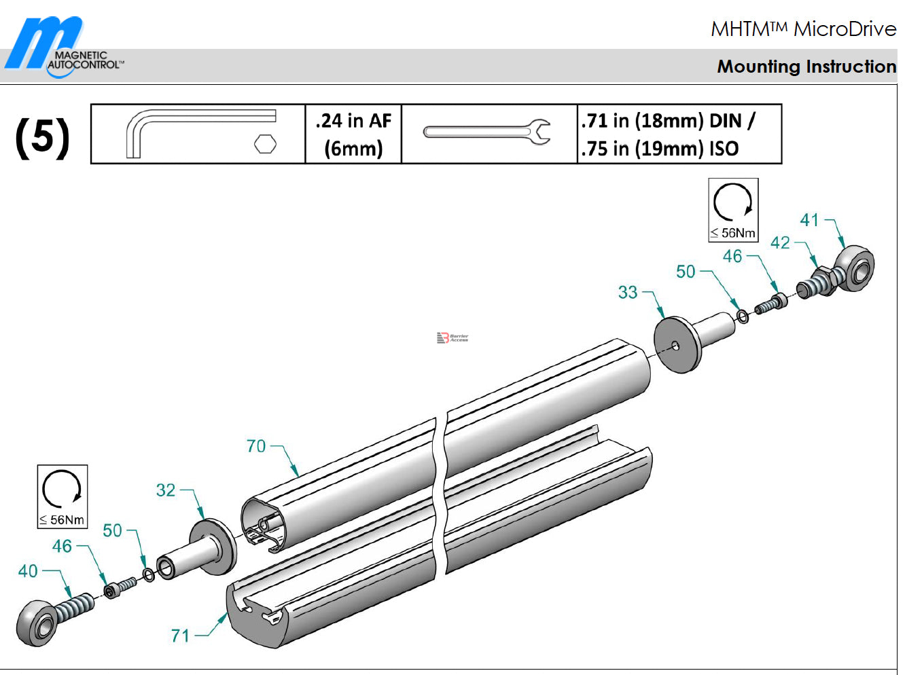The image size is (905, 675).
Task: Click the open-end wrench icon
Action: pyautogui.click(x=486, y=132)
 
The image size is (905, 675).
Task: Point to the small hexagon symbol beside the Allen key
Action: pyautogui.click(x=265, y=143)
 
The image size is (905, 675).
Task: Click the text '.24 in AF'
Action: pyautogui.click(x=353, y=121)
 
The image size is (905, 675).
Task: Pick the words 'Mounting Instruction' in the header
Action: pyautogui.click(x=806, y=67)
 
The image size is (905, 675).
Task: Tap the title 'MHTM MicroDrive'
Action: pyautogui.click(x=803, y=29)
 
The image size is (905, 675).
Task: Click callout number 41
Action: pyautogui.click(x=809, y=220)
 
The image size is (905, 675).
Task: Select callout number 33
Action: pyautogui.click(x=628, y=292)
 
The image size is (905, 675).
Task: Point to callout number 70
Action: pyautogui.click(x=256, y=446)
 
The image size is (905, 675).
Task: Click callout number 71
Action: pyautogui.click(x=180, y=636)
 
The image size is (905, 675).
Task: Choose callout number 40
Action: pyautogui.click(x=28, y=571)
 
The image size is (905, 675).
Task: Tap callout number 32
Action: pyautogui.click(x=166, y=490)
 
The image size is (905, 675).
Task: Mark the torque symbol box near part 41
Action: pyautogui.click(x=733, y=210)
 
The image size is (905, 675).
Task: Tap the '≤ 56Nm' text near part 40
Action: pyautogui.click(x=62, y=520)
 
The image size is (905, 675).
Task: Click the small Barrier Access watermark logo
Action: pyautogui.click(x=452, y=337)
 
